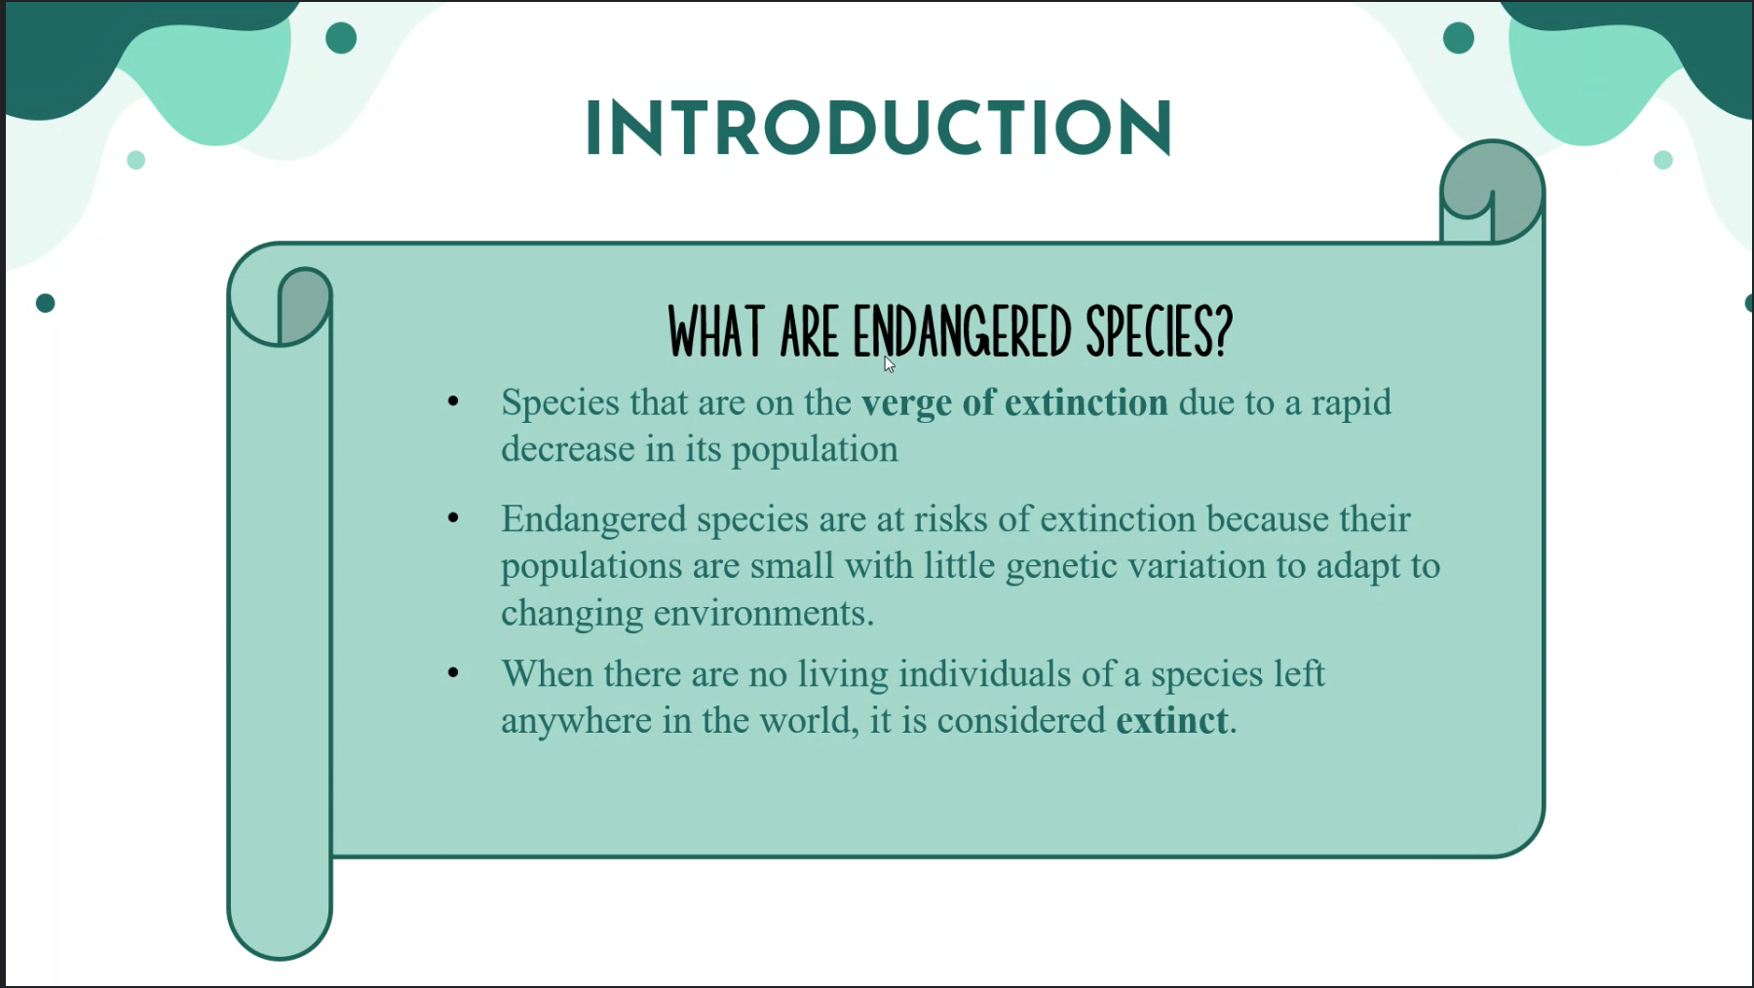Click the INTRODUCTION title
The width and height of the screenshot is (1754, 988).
tap(879, 128)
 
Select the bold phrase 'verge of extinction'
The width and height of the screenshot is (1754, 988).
tap(1014, 402)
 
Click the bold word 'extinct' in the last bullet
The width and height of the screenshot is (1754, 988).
tap(1171, 720)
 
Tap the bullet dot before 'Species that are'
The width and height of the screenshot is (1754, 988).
tap(453, 401)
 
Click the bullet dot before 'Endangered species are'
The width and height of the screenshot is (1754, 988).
tap(453, 518)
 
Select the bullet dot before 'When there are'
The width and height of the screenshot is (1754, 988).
tap(453, 672)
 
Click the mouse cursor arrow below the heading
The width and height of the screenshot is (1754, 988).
tap(889, 364)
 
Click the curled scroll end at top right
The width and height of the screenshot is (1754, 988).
tap(1492, 192)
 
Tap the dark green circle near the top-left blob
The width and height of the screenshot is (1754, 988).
tap(341, 38)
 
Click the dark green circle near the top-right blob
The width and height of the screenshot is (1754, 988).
tap(1459, 38)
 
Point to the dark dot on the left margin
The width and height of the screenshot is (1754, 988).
tap(45, 303)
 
